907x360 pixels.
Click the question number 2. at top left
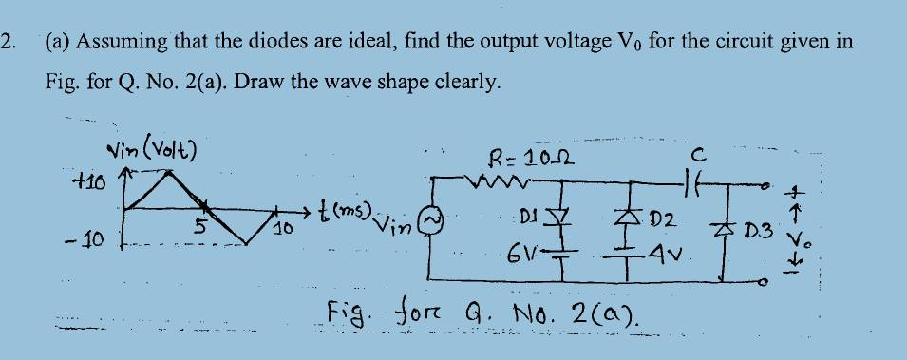(x=9, y=43)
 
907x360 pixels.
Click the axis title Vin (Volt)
(x=151, y=149)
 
